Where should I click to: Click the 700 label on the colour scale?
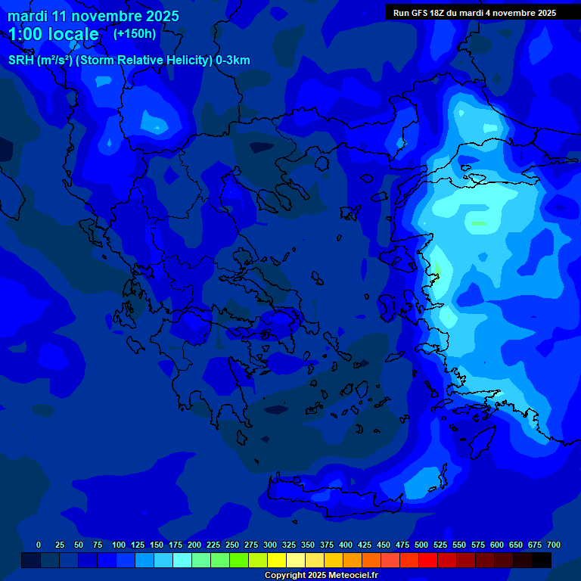click(x=554, y=545)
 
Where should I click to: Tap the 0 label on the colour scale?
click(x=39, y=545)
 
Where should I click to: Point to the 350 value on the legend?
click(x=308, y=545)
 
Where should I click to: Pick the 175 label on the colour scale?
click(x=176, y=545)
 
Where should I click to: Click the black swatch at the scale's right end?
click(x=542, y=560)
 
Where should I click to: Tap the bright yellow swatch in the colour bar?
click(x=277, y=560)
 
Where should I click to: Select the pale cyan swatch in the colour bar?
click(x=182, y=560)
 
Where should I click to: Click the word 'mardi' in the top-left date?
click(x=27, y=16)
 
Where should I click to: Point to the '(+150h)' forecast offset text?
click(x=135, y=33)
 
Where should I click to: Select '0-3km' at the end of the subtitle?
click(x=233, y=61)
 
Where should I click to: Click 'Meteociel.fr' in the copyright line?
click(x=353, y=576)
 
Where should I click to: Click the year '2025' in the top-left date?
click(x=155, y=16)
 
